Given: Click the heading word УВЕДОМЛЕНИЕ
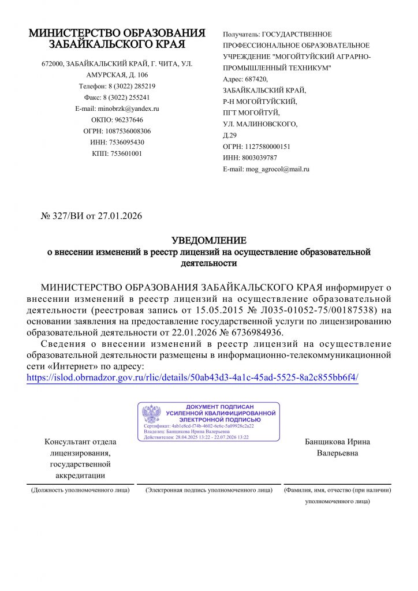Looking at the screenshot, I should click(x=209, y=240).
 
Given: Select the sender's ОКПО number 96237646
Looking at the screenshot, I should click(x=129, y=119).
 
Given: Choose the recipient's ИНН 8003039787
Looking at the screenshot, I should click(x=258, y=158).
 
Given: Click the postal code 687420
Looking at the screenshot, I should click(x=256, y=79).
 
